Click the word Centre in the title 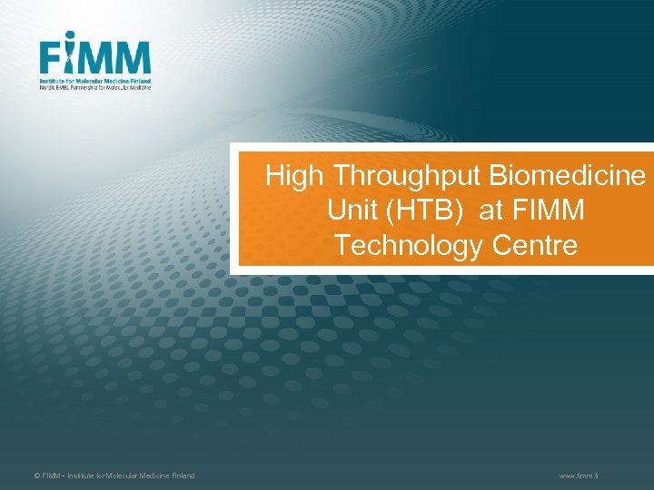[x=536, y=245]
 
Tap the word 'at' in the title [x=490, y=211]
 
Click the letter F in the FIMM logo [x=51, y=59]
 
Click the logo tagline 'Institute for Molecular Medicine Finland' [x=95, y=81]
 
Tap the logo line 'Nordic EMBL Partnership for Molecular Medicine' [x=95, y=88]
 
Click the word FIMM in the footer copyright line [x=49, y=475]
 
